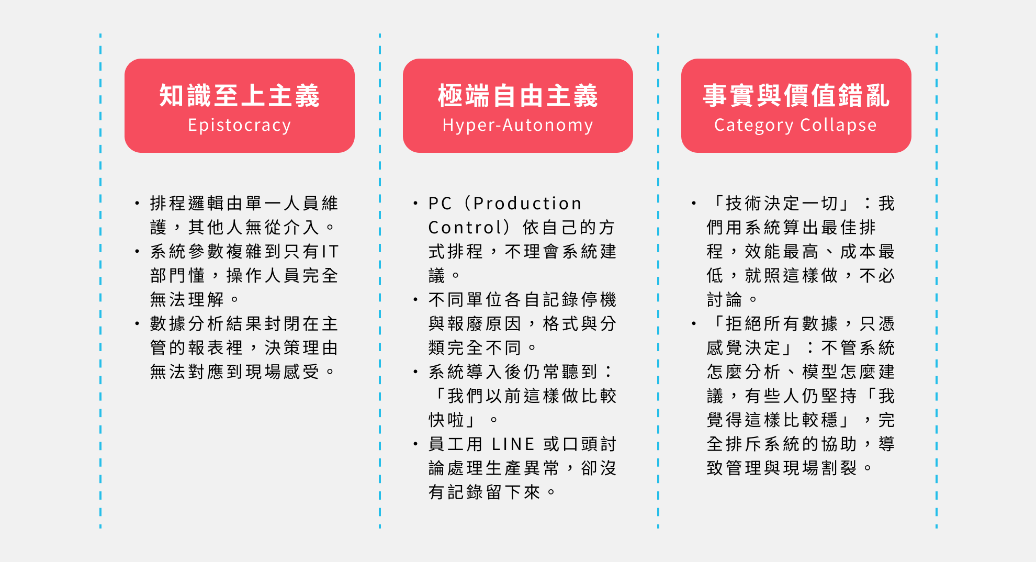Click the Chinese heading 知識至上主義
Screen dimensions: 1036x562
coord(240,96)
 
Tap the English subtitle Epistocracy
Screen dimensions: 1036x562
coord(240,126)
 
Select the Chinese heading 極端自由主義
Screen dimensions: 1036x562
coord(518,96)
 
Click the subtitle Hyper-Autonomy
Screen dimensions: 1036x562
coord(518,126)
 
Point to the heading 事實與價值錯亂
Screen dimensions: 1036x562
coord(796,96)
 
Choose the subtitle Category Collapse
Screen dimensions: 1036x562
coord(796,126)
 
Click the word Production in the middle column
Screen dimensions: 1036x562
coord(527,203)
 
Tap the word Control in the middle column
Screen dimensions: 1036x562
coord(461,227)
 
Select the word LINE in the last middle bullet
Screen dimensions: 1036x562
coord(513,444)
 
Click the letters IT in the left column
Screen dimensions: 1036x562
coord(331,251)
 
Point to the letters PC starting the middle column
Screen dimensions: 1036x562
coord(440,203)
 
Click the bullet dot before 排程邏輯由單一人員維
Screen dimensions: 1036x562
coord(137,203)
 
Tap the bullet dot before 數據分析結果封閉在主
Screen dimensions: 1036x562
coord(137,323)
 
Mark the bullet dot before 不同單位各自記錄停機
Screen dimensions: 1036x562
coord(415,299)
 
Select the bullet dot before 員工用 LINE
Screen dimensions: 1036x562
coord(415,444)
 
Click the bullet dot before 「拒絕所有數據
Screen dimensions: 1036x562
coord(694,323)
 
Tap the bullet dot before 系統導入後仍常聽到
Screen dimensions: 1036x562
coord(415,372)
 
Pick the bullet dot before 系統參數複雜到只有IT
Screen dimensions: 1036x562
coord(137,251)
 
